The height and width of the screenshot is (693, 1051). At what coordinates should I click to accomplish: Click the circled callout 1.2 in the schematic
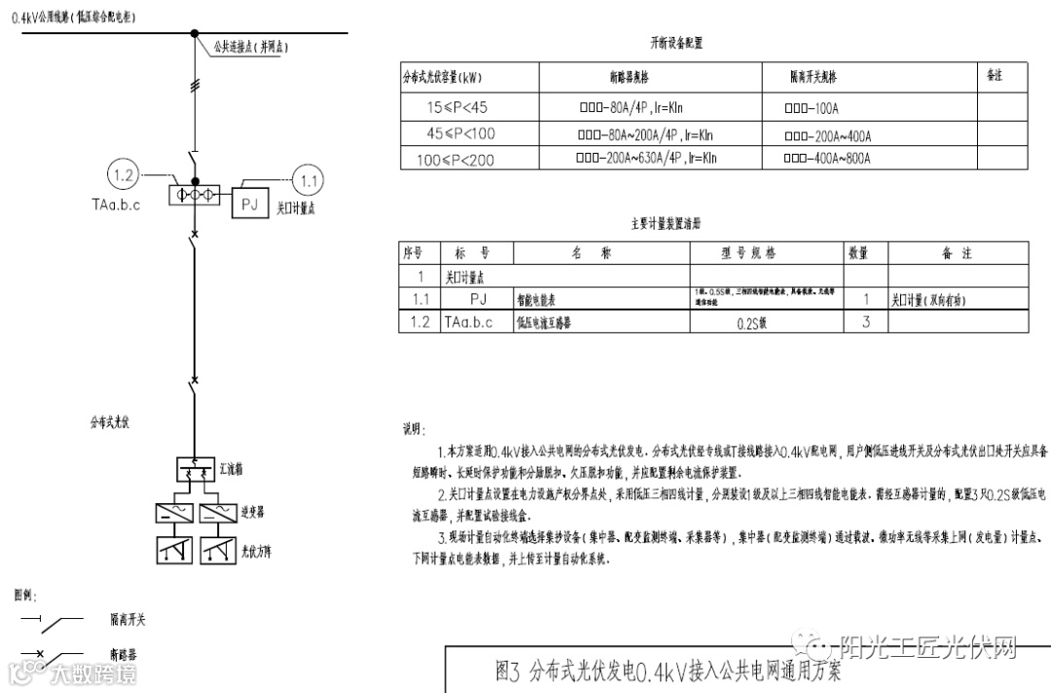pyautogui.click(x=124, y=176)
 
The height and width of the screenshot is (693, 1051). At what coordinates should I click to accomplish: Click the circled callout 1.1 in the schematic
pyautogui.click(x=308, y=179)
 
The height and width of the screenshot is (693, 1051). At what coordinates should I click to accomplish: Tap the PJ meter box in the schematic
pyautogui.click(x=248, y=203)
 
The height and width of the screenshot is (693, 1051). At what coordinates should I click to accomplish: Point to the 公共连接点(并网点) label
pyautogui.click(x=252, y=46)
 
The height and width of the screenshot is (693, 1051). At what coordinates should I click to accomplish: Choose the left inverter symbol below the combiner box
pyautogui.click(x=174, y=514)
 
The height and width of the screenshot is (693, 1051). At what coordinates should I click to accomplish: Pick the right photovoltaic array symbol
pyautogui.click(x=218, y=551)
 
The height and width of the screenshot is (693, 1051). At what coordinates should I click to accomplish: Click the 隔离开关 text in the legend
pyautogui.click(x=127, y=620)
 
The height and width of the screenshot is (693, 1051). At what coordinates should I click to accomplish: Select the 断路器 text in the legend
pyautogui.click(x=124, y=654)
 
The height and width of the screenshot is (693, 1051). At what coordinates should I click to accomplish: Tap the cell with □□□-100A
pyautogui.click(x=811, y=108)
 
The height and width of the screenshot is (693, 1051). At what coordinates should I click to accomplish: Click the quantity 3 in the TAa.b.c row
pyautogui.click(x=866, y=322)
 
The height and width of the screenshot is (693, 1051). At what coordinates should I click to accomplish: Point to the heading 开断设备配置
pyautogui.click(x=676, y=43)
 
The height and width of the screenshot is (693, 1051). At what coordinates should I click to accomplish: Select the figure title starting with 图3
pyautogui.click(x=668, y=672)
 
